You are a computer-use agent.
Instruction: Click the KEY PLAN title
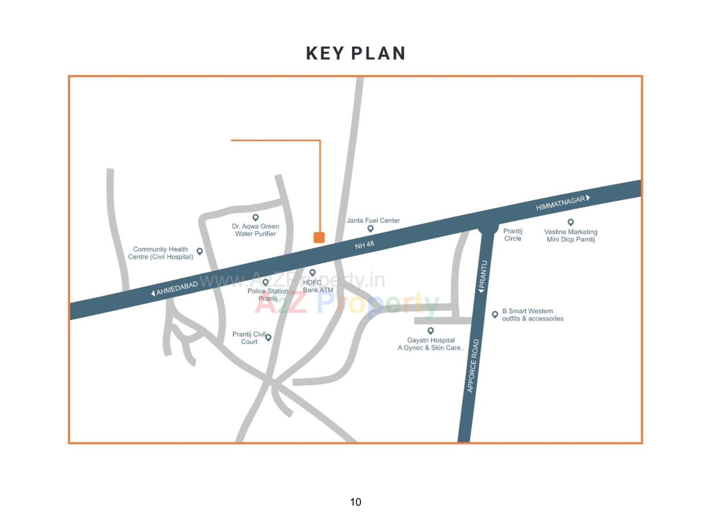(x=355, y=54)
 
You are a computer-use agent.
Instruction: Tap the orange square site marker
(x=319, y=237)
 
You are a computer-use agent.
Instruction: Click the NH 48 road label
(x=364, y=245)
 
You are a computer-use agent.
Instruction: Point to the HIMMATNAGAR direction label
(x=560, y=203)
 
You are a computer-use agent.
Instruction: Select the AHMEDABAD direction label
(x=177, y=288)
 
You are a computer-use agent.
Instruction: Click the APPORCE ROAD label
(x=473, y=365)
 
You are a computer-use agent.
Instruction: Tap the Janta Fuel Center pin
(x=370, y=229)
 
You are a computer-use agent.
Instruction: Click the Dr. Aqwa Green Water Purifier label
(x=256, y=230)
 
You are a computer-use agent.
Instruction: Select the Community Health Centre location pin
(x=200, y=251)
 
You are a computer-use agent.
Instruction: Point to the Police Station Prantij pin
(x=266, y=282)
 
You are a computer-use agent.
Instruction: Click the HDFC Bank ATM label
(x=318, y=286)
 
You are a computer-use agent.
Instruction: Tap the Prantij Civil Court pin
(x=268, y=337)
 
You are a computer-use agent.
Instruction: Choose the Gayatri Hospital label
(x=431, y=344)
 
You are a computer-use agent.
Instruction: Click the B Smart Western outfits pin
(x=495, y=314)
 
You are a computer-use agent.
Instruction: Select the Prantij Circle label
(x=513, y=235)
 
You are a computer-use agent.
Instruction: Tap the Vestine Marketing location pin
(x=571, y=222)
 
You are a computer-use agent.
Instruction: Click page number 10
(x=355, y=502)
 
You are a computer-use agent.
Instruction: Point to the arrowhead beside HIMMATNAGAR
(x=588, y=198)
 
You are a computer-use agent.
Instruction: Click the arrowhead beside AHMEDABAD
(x=153, y=294)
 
